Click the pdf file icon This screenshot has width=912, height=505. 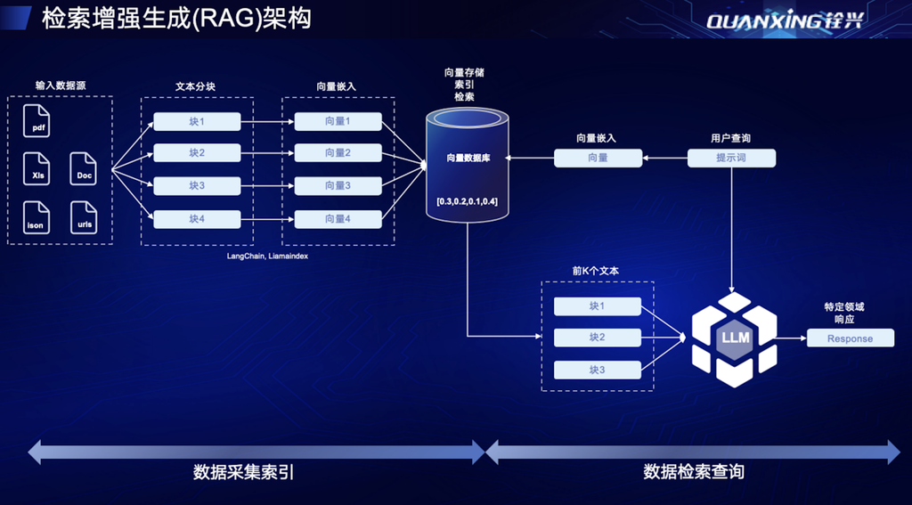coord(36,120)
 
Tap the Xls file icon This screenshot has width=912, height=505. coord(36,168)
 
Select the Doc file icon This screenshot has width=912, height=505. coord(83,168)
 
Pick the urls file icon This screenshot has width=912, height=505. coord(83,217)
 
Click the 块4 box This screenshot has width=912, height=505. coord(197,219)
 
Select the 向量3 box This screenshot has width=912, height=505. coord(338,186)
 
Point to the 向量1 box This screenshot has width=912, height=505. coord(338,122)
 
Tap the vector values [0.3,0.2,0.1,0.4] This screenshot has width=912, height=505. coord(468,202)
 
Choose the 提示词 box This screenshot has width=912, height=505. coord(732,159)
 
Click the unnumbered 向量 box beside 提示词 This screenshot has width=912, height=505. coord(598,159)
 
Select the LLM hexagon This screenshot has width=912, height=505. coord(735,338)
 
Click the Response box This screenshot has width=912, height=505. coord(851,338)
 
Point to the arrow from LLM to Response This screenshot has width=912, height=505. coord(792,338)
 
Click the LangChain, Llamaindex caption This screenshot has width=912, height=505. coord(267,256)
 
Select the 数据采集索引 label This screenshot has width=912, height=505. coord(244,472)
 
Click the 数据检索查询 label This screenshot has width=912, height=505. coord(694,472)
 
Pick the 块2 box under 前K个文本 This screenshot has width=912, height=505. coord(598,338)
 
